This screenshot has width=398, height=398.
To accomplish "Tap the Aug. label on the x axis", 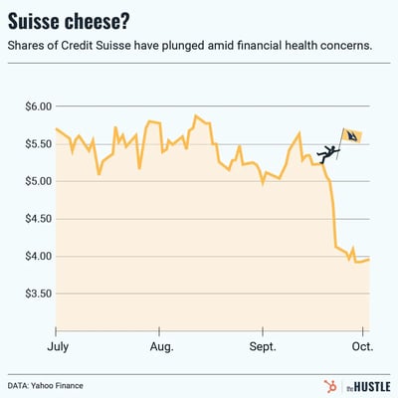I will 161,347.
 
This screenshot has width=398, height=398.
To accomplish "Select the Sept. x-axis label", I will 263,347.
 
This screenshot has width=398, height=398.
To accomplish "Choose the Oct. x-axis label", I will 361,347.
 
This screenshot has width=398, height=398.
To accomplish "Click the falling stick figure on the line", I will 327,152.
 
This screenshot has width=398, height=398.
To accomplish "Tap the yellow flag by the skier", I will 352,136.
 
